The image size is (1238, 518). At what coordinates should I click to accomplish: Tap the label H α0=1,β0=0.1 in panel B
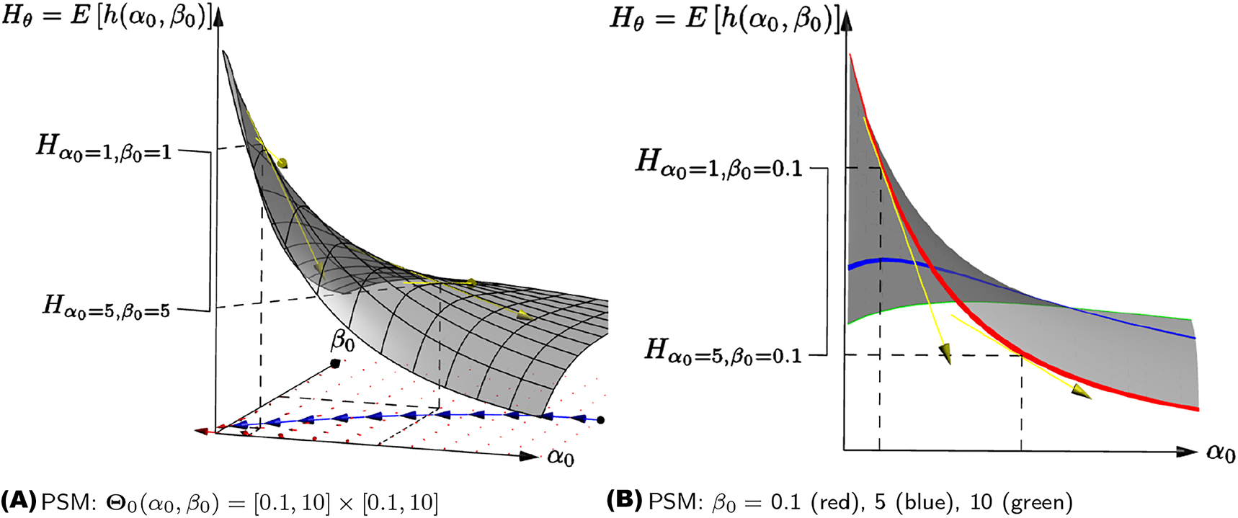click(718, 164)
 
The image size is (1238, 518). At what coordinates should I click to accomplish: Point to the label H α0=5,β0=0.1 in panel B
click(723, 352)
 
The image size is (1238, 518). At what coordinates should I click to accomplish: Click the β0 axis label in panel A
click(342, 339)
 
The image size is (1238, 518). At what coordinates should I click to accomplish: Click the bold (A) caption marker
click(18, 501)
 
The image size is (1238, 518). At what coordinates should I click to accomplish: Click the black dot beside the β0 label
click(335, 363)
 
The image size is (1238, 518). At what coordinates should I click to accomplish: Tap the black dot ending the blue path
click(601, 419)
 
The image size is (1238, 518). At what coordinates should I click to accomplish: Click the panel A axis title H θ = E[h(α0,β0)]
click(108, 16)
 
